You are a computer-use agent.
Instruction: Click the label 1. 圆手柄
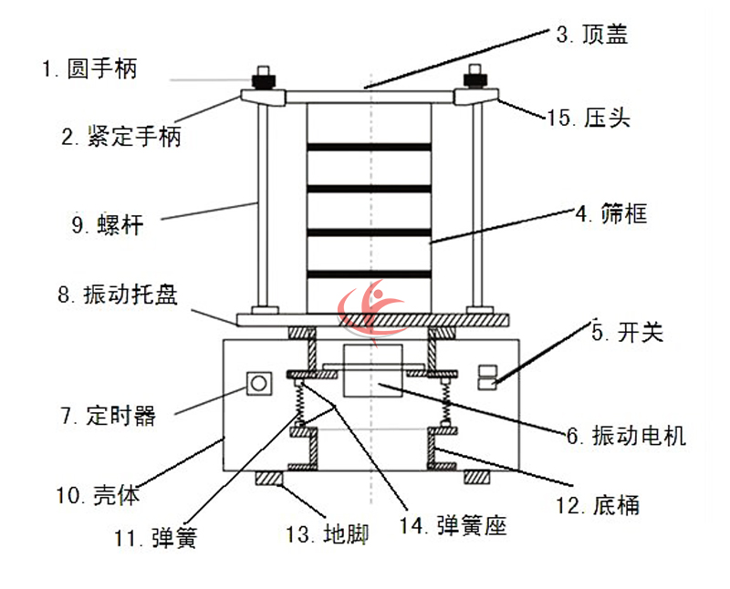[89, 68]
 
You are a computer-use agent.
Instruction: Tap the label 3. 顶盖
[592, 36]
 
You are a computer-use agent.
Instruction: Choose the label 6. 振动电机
[625, 436]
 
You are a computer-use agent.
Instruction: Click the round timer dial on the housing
[258, 383]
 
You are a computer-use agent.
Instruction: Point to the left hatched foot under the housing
[270, 477]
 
